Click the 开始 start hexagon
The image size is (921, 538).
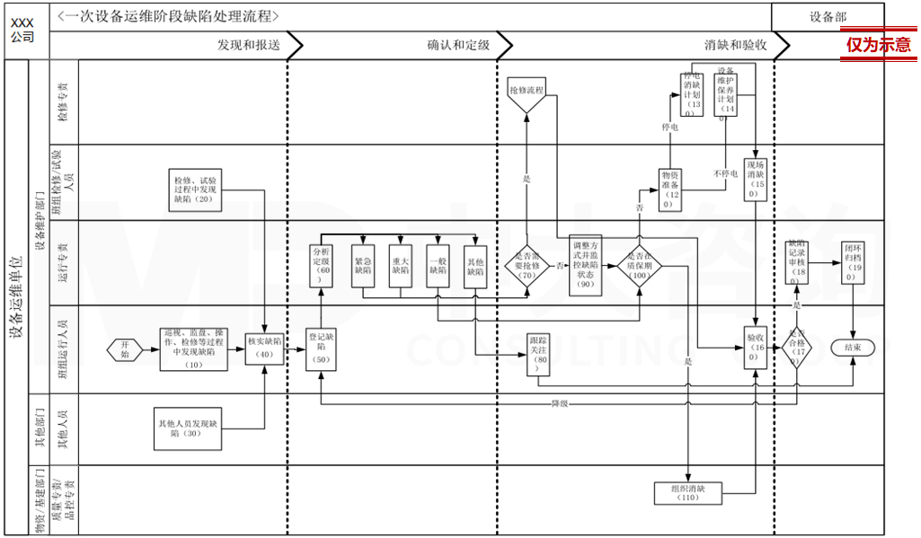(124, 350)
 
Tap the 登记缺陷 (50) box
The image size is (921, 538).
(322, 348)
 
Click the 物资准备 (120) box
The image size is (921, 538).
(669, 189)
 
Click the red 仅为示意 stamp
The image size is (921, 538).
(878, 45)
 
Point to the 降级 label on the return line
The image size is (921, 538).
(559, 403)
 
